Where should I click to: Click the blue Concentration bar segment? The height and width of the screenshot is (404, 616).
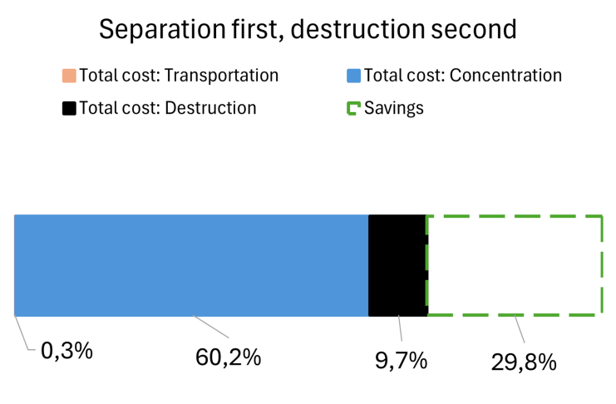(191, 265)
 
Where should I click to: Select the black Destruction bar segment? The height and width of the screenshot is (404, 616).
(397, 265)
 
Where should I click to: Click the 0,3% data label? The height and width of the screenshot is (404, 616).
(67, 351)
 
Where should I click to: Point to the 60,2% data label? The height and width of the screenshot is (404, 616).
(228, 358)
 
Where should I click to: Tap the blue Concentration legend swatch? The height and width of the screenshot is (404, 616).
(353, 76)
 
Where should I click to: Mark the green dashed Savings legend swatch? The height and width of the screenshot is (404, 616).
(353, 108)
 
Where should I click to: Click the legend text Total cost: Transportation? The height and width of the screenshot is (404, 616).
(179, 76)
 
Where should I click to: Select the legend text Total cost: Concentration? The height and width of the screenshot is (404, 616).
(463, 76)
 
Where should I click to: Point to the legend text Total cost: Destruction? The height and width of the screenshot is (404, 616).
(167, 107)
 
